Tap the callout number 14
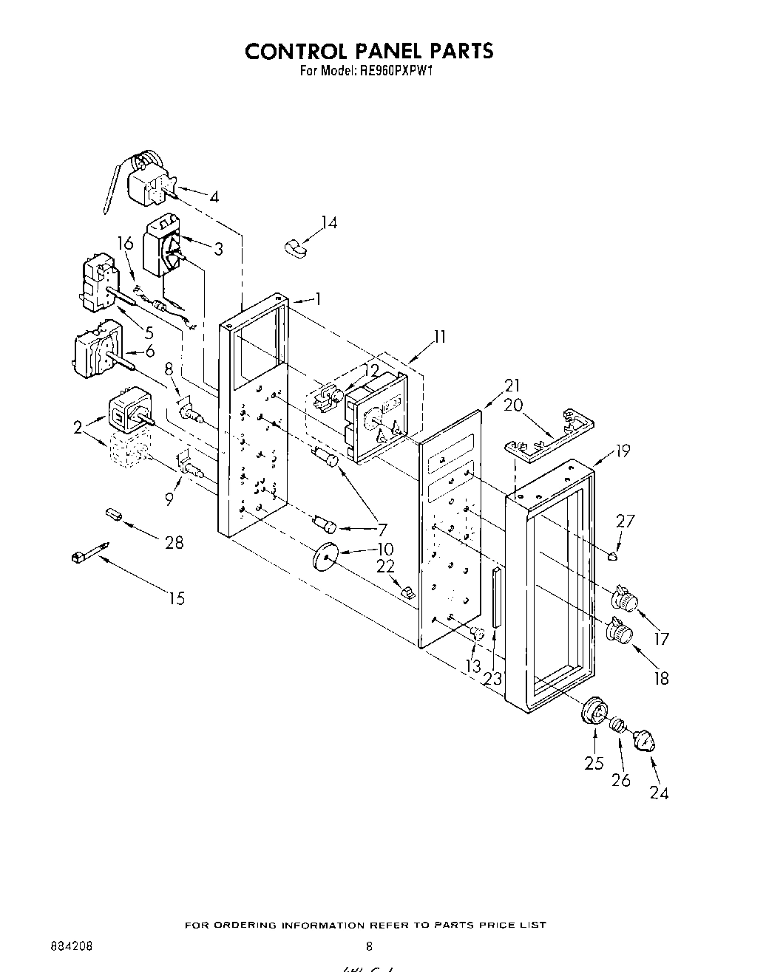[329, 222]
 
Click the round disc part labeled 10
[325, 555]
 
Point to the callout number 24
[660, 793]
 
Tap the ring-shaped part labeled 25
[594, 711]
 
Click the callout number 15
[177, 598]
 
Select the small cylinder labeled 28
[114, 513]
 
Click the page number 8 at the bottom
[369, 945]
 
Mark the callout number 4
[214, 197]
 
